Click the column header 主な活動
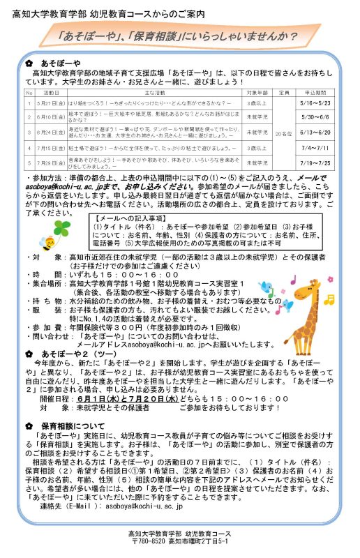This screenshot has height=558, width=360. (154, 91)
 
